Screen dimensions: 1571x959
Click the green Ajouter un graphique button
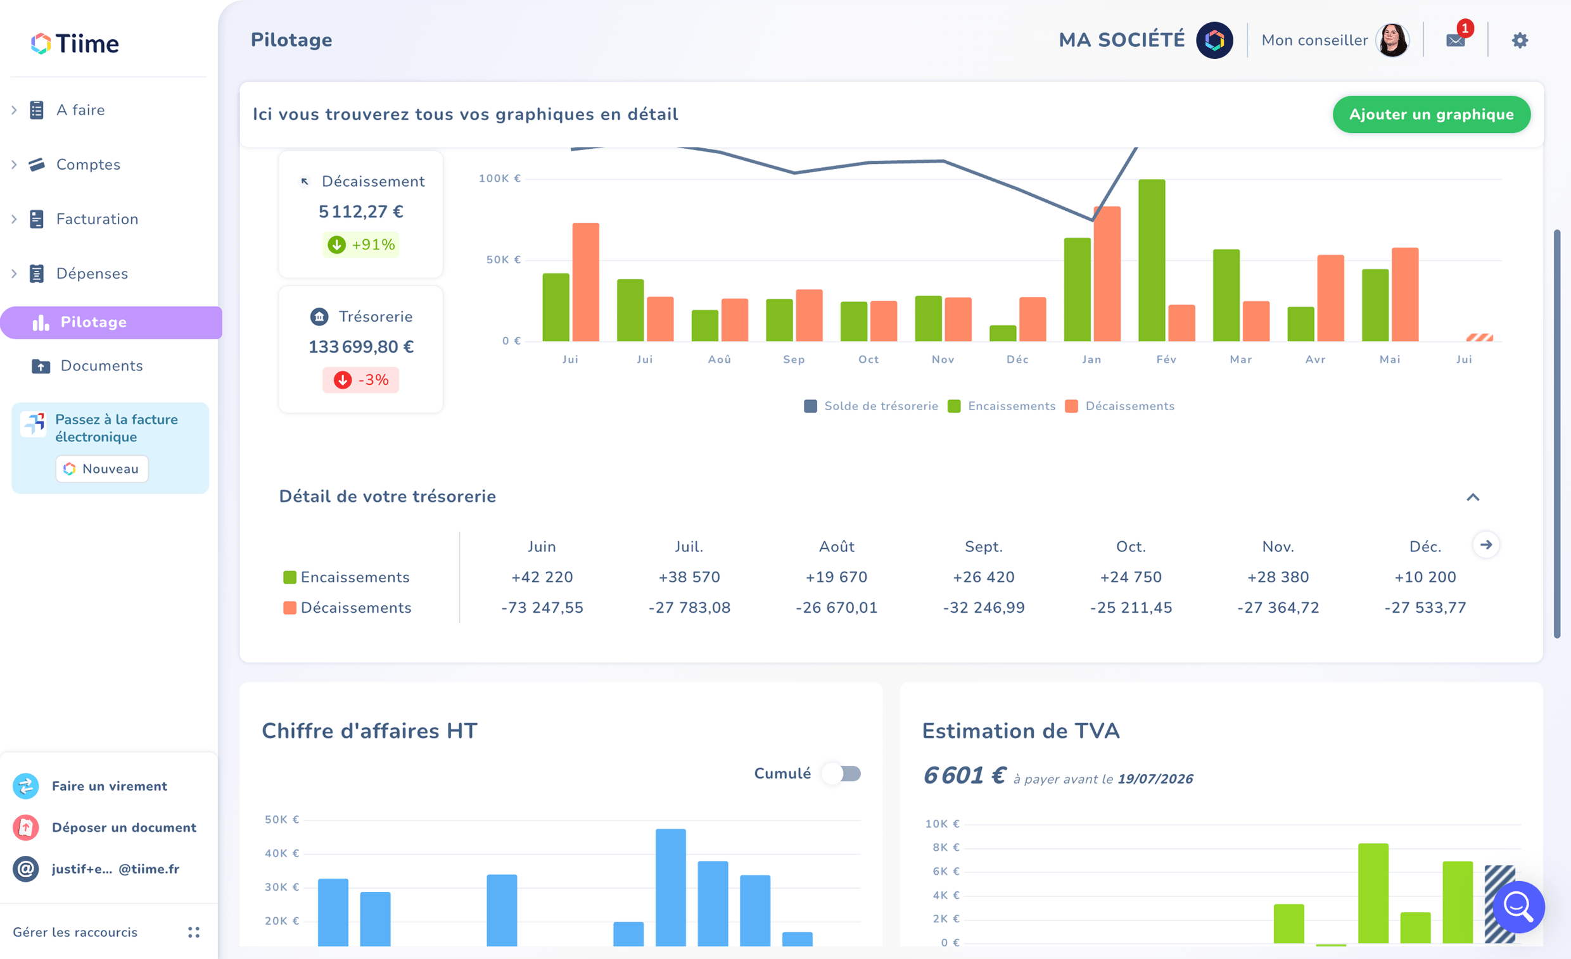pos(1431,115)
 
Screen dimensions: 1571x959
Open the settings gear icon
pos(1519,41)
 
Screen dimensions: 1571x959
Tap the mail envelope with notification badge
pos(1456,38)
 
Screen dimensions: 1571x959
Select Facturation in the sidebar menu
pos(97,219)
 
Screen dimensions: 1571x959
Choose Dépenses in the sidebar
pos(92,274)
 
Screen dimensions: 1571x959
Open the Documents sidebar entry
pos(101,366)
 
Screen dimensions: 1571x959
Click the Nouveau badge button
pos(102,469)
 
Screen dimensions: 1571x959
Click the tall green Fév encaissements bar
pos(1152,260)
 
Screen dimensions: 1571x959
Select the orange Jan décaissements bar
pos(1107,274)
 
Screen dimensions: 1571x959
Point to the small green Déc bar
pos(1003,333)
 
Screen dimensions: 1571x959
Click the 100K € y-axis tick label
pos(500,179)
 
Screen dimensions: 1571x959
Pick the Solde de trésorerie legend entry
pos(871,406)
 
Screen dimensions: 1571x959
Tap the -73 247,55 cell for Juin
pos(542,607)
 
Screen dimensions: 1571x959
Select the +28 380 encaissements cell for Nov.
pos(1278,577)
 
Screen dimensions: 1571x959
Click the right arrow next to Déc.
pos(1486,545)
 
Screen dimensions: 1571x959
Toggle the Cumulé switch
pos(842,774)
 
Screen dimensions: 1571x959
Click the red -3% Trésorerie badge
pos(361,380)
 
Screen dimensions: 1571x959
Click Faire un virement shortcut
pos(109,786)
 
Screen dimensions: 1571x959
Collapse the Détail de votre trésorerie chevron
pos(1473,497)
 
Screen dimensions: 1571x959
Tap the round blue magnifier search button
pos(1518,906)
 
